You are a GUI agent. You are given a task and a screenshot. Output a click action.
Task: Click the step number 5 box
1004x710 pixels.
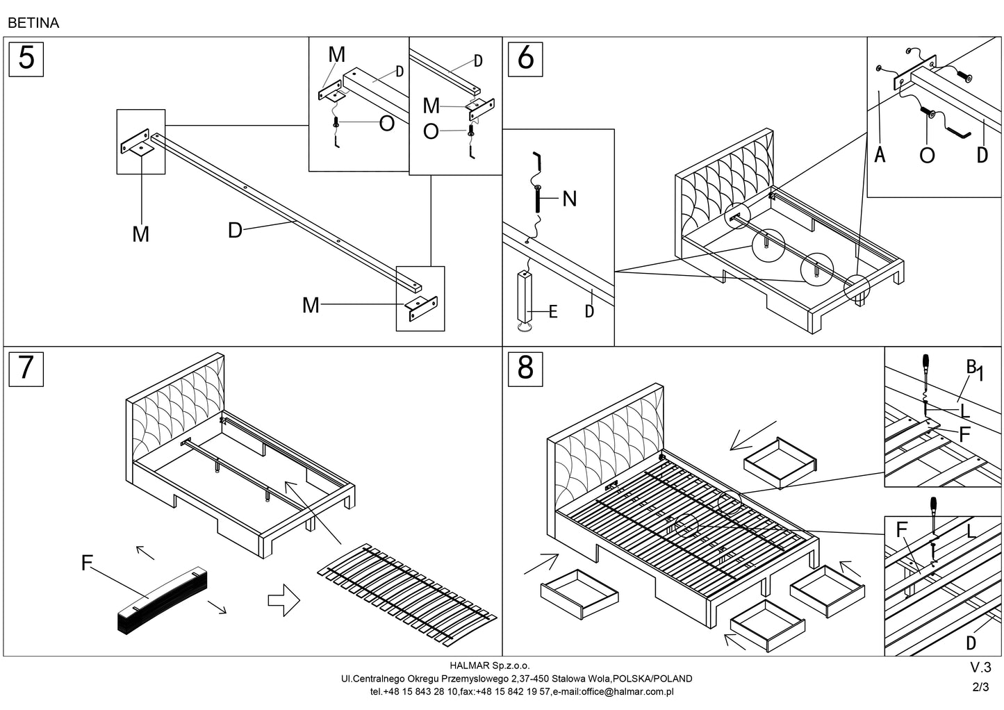(26, 58)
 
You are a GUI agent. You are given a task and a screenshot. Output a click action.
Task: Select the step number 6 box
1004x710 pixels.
(525, 58)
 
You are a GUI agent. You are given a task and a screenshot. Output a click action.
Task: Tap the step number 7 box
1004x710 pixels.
(26, 368)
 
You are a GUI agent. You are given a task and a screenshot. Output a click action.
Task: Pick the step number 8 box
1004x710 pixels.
(525, 368)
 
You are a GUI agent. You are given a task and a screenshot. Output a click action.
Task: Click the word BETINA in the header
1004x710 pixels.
(33, 23)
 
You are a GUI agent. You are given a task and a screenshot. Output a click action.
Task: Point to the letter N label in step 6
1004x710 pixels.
(569, 199)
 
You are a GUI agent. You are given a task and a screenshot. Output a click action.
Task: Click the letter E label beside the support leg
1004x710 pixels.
(553, 312)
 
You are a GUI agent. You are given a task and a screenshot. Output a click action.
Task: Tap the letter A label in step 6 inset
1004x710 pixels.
(880, 155)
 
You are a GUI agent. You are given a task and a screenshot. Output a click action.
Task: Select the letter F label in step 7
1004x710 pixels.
(87, 563)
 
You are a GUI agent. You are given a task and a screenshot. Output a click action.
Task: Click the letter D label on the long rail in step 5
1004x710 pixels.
(235, 230)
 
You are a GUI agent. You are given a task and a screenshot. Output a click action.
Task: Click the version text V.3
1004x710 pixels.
(980, 668)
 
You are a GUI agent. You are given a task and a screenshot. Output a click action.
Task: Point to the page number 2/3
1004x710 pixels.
(980, 687)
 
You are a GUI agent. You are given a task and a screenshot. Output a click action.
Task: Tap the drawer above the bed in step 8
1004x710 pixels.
(780, 461)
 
